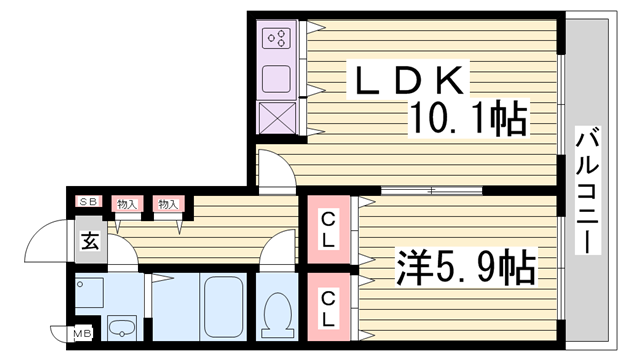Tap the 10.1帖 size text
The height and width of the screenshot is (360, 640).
click(466, 121)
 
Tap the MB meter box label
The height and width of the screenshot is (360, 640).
click(79, 333)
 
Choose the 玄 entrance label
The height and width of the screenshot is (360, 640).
click(89, 240)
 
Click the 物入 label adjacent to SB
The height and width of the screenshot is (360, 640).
click(127, 204)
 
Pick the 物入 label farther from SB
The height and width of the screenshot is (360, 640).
click(167, 204)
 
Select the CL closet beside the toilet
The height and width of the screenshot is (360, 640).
click(326, 308)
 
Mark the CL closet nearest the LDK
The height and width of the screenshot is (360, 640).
click(326, 231)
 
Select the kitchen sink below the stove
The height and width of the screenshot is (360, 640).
click(276, 79)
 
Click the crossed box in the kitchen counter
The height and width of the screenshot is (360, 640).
click(277, 116)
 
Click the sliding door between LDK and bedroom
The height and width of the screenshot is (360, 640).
click(430, 190)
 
